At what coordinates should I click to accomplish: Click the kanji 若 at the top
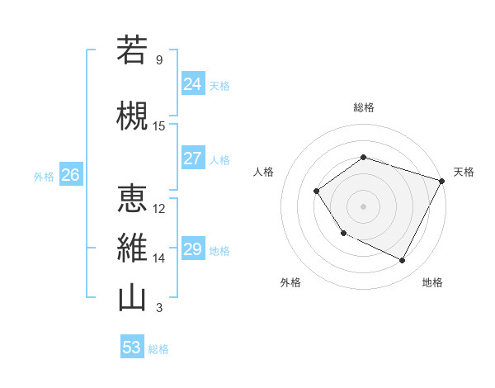[132, 50]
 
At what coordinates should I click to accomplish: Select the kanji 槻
[132, 116]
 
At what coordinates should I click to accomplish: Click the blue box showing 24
[193, 84]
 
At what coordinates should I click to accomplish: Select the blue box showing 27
[193, 159]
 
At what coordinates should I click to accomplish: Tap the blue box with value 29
[193, 249]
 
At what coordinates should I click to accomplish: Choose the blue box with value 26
[71, 175]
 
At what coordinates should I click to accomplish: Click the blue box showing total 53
[132, 348]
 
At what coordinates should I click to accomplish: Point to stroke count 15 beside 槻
[159, 125]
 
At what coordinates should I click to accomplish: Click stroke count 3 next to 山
[159, 308]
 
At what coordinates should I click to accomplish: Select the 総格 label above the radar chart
[363, 107]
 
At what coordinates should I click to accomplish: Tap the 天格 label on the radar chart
[464, 172]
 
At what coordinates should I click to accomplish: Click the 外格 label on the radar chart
[290, 282]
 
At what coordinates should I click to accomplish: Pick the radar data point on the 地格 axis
[403, 261]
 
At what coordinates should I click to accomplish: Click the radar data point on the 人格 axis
[317, 192]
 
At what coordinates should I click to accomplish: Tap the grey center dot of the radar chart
[363, 206]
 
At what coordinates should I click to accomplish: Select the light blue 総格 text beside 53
[158, 348]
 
